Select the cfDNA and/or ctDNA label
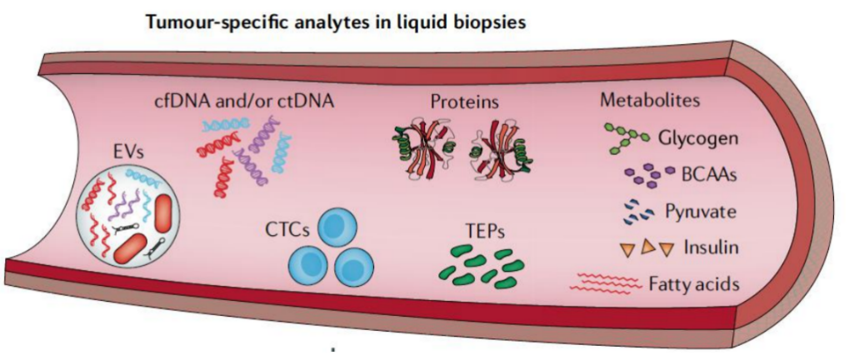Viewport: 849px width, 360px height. pos(243,102)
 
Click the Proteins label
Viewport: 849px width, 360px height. pos(465,102)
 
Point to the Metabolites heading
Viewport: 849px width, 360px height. pos(649,101)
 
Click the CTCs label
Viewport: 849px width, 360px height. pos(287,230)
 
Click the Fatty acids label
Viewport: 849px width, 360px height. pos(693,283)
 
